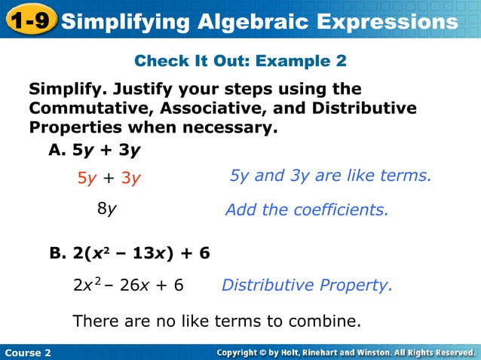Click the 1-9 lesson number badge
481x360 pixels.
point(30,20)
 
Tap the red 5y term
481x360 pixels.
point(87,178)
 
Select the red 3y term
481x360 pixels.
point(131,178)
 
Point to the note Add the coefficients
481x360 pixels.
point(307,210)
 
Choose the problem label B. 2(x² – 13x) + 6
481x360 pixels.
point(130,253)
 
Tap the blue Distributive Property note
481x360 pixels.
point(307,285)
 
